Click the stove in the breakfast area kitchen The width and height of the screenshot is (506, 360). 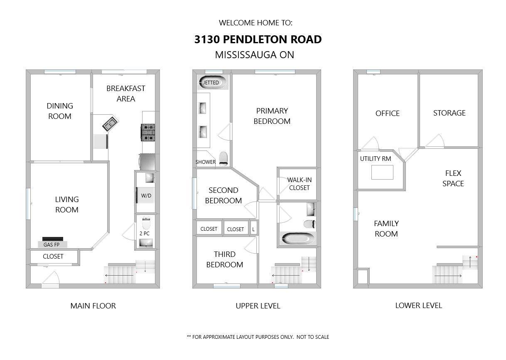click(x=148, y=133)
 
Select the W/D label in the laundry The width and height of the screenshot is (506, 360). click(x=146, y=196)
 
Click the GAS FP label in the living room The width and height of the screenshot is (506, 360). click(x=52, y=244)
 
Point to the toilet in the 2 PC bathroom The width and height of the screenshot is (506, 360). click(x=146, y=223)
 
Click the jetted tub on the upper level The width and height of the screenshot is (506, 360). click(x=212, y=82)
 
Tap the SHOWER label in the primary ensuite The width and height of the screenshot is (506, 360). click(x=205, y=162)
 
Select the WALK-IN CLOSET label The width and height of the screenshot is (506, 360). click(x=299, y=184)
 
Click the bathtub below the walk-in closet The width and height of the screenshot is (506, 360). click(x=297, y=239)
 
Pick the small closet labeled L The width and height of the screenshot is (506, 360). click(x=253, y=229)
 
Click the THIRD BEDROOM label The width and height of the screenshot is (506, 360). click(x=224, y=259)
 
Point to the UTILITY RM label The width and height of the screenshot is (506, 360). click(x=376, y=159)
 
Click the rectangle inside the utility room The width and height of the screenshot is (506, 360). click(x=382, y=172)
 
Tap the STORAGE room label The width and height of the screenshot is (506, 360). click(x=450, y=113)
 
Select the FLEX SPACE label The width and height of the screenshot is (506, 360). click(x=453, y=178)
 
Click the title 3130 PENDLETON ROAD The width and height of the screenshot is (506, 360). click(x=258, y=39)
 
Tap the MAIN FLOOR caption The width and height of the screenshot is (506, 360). click(x=93, y=306)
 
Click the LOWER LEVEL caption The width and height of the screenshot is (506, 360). click(x=419, y=306)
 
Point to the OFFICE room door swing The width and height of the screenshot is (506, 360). click(x=370, y=143)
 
